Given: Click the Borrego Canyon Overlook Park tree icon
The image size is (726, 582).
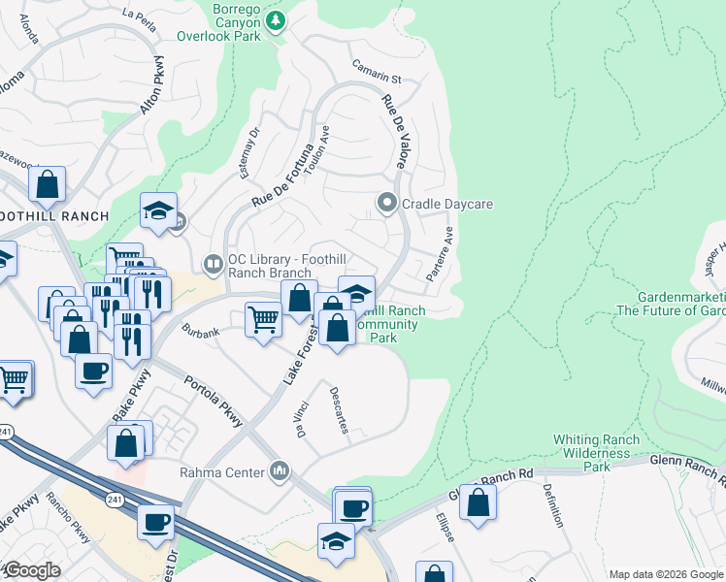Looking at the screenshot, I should click(276, 19).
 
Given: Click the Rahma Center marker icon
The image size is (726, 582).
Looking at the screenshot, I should click(281, 472).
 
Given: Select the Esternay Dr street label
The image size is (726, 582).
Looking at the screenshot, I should click(250, 152).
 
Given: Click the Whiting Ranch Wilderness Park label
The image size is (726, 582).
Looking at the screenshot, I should click(596, 452).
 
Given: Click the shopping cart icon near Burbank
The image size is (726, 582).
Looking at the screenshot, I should click(264, 319).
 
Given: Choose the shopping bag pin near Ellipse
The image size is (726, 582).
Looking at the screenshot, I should click(478, 502).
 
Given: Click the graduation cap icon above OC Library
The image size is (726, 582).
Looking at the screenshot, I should click(159, 210).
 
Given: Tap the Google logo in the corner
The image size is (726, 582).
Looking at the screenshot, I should click(31, 570).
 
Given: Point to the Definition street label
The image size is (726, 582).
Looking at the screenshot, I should click(553, 504).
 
